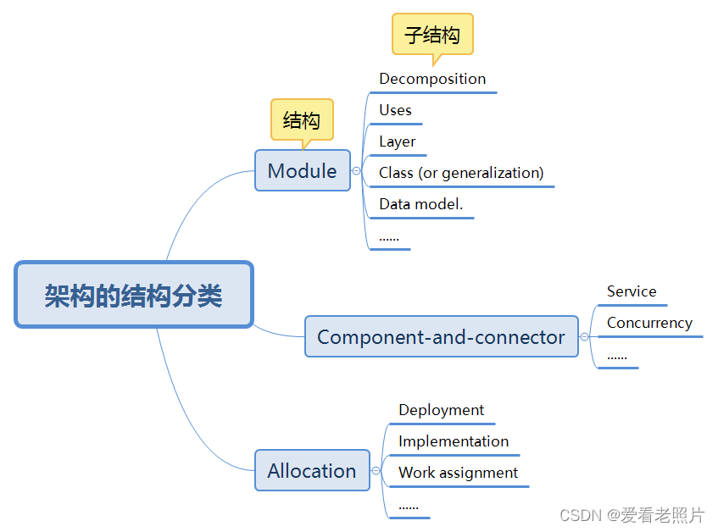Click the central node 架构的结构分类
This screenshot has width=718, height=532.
pos(134,295)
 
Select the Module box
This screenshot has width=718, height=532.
pos(302,170)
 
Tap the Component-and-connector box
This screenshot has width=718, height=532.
pos(441,336)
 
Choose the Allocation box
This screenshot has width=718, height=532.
pos(312,470)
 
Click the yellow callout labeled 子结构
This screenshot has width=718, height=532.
pos(431,35)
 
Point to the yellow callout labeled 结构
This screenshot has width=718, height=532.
pos(301,119)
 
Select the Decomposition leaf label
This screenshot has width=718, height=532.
pos(432,79)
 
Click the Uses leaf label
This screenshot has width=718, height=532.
pos(395,110)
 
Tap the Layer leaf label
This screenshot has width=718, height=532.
pos(397,141)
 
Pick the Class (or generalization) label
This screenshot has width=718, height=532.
pos(461,173)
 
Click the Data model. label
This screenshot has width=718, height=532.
pos(420,204)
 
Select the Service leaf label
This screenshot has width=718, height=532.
pos(632,291)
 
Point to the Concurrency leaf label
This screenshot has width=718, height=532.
pos(649,323)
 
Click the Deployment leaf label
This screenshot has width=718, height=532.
pos(441,410)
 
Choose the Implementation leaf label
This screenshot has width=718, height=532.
pos(454,441)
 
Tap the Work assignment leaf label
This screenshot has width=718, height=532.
pos(458,473)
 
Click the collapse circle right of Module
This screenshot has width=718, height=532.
pos(356,170)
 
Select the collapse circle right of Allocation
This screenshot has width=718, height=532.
pos(376,470)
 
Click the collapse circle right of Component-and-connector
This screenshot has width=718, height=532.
pos(584,336)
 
